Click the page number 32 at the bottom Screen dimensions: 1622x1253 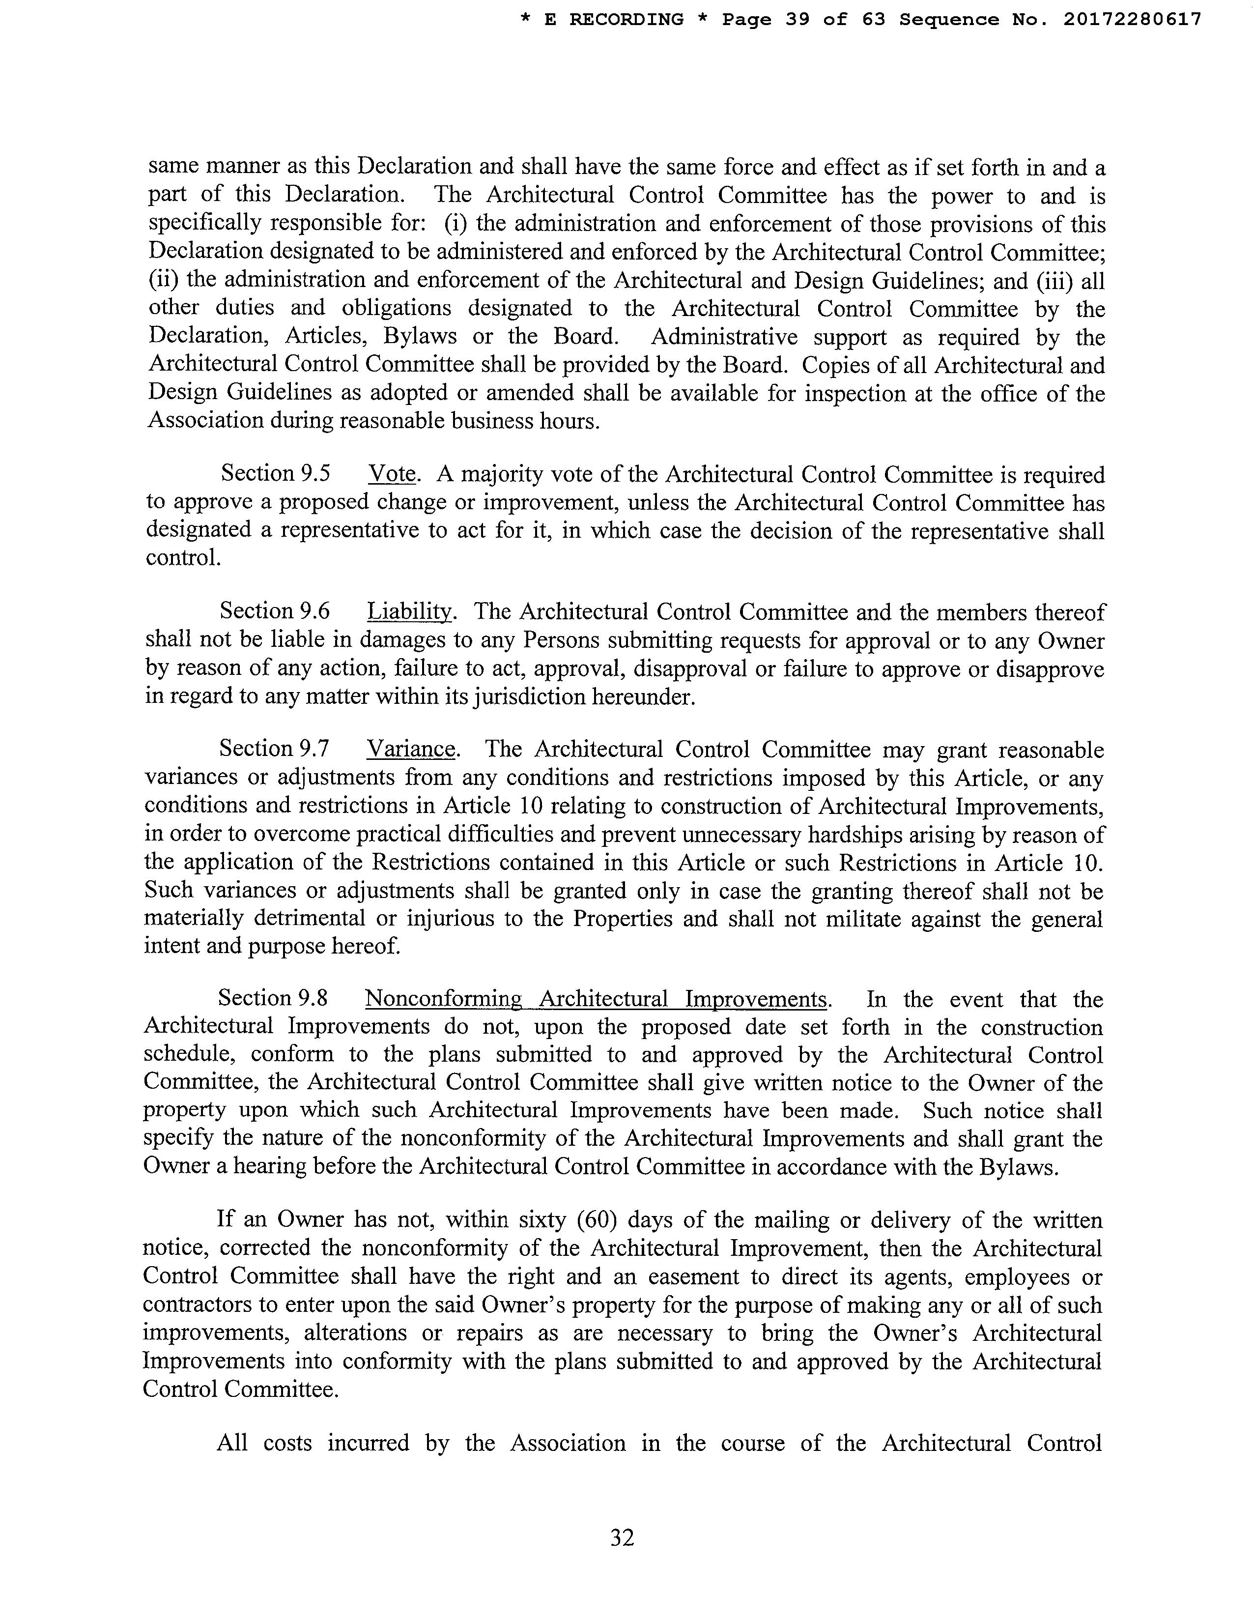[622, 1537]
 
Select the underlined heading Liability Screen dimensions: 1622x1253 [410, 611]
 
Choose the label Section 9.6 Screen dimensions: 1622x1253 [275, 611]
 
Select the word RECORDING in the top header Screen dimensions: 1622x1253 [626, 20]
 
